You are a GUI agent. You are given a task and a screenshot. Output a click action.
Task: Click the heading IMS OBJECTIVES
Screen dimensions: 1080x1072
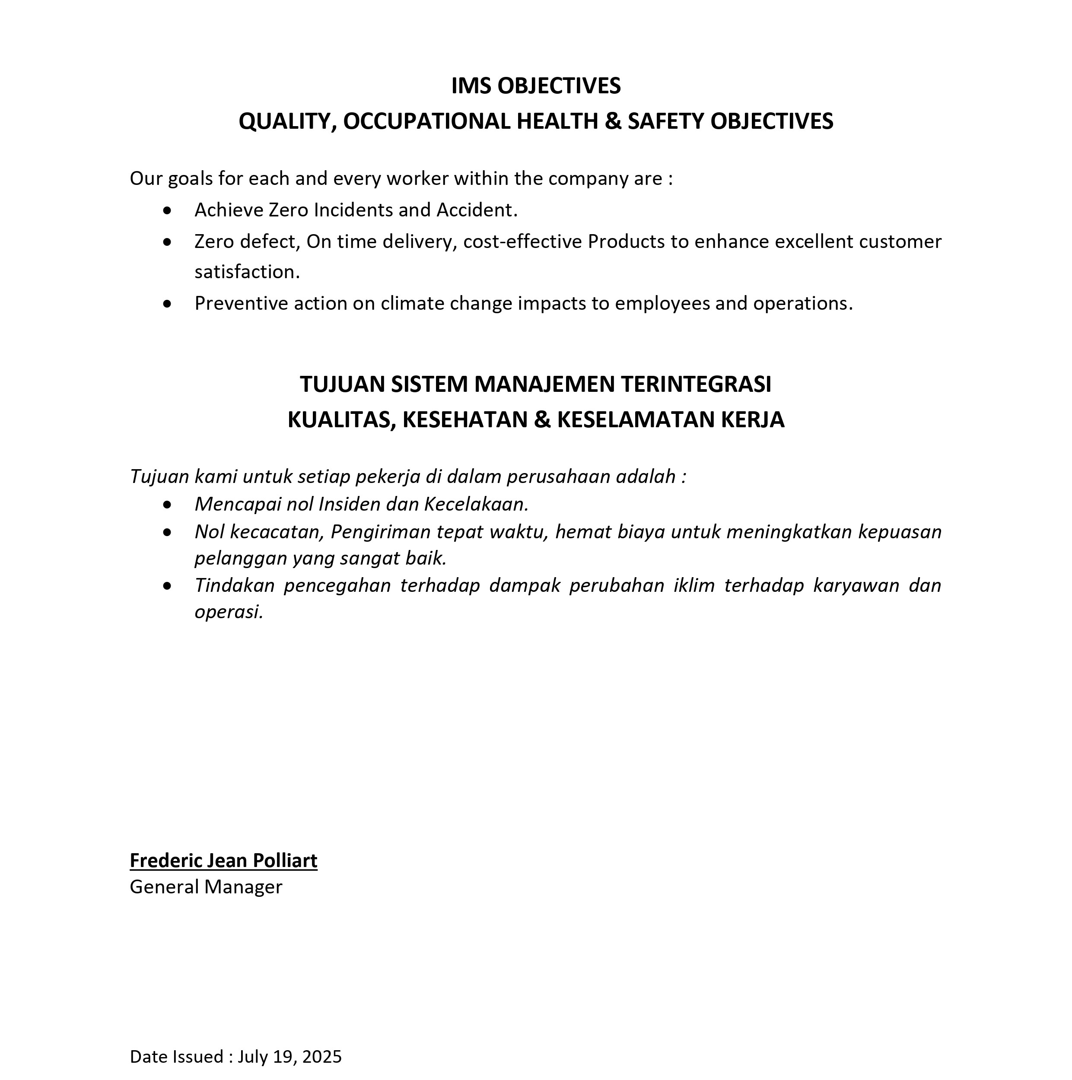536,86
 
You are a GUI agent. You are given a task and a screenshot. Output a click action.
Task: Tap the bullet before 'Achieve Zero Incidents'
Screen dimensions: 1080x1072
167,211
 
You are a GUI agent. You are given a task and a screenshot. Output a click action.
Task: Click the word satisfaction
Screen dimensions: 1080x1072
246,272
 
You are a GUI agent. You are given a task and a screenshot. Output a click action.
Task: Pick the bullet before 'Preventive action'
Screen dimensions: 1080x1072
167,304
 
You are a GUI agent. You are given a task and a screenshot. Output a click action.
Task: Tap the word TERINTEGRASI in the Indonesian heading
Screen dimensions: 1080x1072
696,384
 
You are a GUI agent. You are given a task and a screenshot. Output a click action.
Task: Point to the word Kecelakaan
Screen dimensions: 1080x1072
475,504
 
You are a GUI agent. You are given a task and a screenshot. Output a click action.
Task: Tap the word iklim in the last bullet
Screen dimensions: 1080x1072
694,585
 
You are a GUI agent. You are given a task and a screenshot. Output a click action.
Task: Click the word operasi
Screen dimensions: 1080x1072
228,612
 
